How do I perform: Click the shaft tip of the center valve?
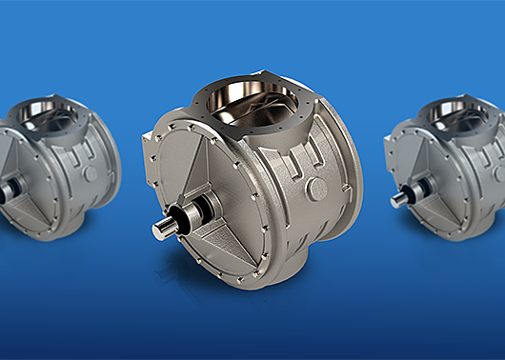point(160,229)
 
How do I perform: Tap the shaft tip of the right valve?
point(395,201)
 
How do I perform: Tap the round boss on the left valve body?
point(89,174)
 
